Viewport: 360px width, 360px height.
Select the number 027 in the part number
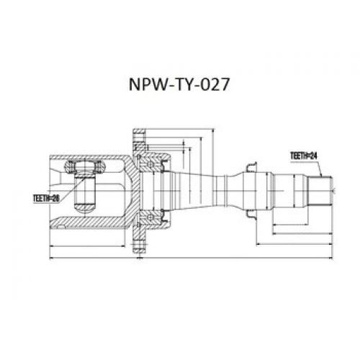(x=214, y=85)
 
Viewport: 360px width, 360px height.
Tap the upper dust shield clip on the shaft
(x=251, y=168)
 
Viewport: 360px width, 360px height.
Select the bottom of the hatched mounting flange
(x=139, y=241)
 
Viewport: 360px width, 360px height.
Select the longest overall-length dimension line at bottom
(x=187, y=256)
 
